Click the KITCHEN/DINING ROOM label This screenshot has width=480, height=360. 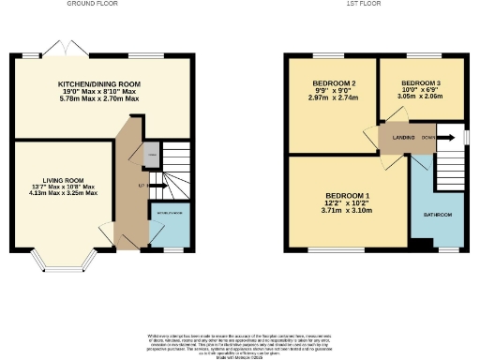pyautogui.click(x=99, y=82)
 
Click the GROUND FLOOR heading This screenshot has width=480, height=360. pyautogui.click(x=92, y=4)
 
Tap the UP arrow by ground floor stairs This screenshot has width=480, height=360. pyautogui.click(x=141, y=186)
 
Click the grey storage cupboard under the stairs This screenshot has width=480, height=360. pyautogui.click(x=151, y=151)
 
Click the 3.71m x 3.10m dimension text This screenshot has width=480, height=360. pyautogui.click(x=347, y=211)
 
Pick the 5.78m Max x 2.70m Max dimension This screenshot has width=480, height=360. pyautogui.click(x=99, y=97)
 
